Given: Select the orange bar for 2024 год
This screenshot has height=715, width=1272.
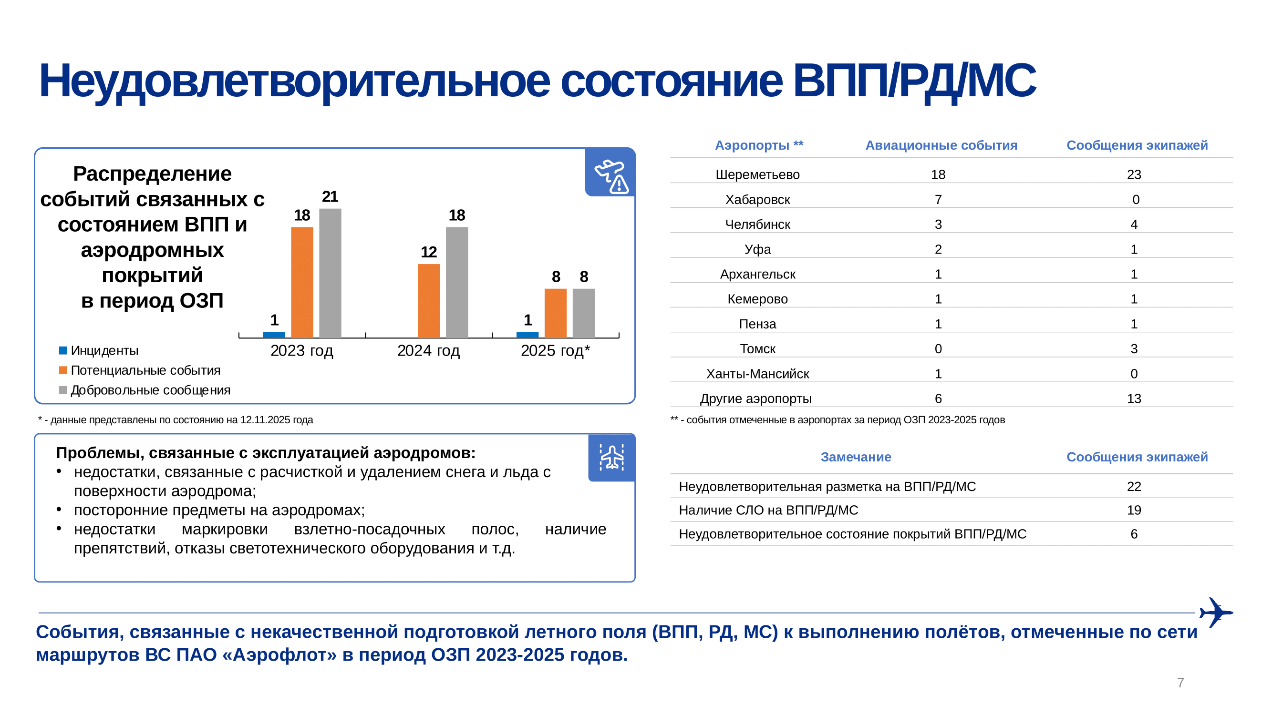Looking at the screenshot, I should click(x=429, y=300).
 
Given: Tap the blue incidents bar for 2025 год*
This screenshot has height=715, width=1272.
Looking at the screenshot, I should click(x=527, y=335).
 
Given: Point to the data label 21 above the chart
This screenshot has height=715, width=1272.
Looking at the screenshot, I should click(x=330, y=197).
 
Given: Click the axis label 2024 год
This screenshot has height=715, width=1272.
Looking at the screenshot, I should click(x=428, y=350).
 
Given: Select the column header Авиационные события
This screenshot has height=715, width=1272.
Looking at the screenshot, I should click(x=941, y=145).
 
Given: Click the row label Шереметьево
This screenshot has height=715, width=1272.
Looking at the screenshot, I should click(x=757, y=174).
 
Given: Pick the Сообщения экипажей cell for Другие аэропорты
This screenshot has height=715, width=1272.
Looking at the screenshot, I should click(x=1134, y=398).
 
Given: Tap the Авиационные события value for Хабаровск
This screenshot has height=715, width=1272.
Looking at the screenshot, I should click(x=938, y=199).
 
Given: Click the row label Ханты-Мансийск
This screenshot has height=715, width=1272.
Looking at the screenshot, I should click(x=757, y=374).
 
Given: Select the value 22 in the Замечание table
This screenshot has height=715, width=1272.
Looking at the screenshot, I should click(x=1134, y=486).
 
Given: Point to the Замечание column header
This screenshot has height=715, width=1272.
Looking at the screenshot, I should click(x=856, y=457).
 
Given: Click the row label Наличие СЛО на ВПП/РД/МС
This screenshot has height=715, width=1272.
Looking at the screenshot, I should click(x=768, y=510).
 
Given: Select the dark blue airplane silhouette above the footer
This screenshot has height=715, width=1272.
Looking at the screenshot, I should click(x=1216, y=612).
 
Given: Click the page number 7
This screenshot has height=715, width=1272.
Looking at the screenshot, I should click(x=1180, y=683).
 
